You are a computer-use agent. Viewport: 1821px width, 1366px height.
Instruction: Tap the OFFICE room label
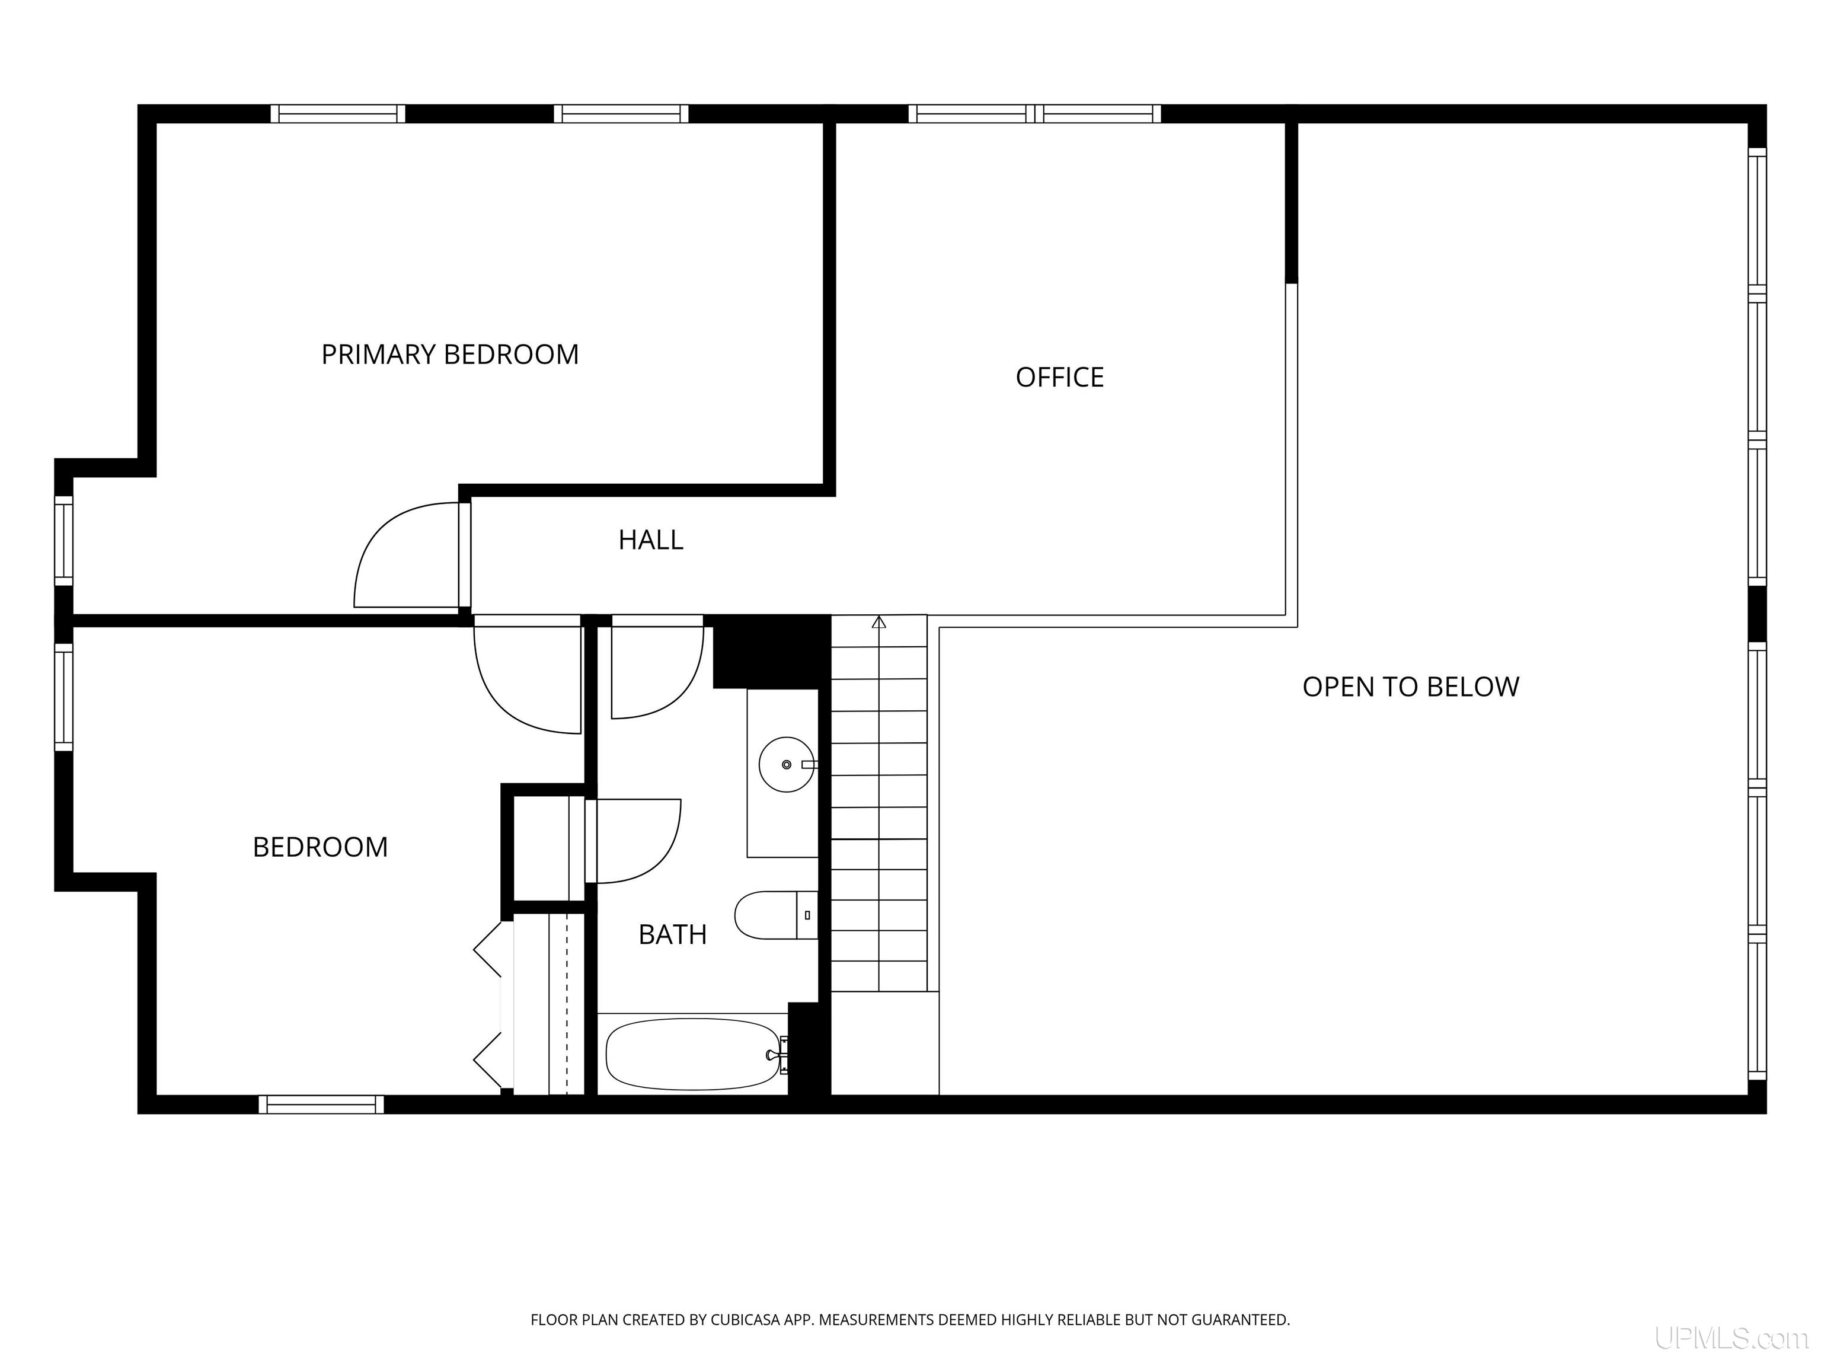pyautogui.click(x=1059, y=377)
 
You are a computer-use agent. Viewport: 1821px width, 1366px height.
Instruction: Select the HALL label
pyautogui.click(x=650, y=540)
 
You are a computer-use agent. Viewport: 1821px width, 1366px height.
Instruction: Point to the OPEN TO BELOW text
pyautogui.click(x=1410, y=687)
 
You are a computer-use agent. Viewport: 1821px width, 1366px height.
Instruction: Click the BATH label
pyautogui.click(x=673, y=934)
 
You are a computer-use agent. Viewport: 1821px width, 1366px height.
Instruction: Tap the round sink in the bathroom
pyautogui.click(x=786, y=765)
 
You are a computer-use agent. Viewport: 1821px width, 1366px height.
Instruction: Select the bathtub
pyautogui.click(x=692, y=1055)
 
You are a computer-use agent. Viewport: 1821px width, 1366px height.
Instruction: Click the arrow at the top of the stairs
pyautogui.click(x=879, y=622)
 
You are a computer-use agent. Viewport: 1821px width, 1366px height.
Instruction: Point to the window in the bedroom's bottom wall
pyautogui.click(x=321, y=1104)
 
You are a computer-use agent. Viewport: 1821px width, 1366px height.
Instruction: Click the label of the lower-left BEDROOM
pyautogui.click(x=320, y=847)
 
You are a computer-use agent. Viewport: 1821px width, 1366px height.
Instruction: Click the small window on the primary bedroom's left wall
pyautogui.click(x=63, y=540)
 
